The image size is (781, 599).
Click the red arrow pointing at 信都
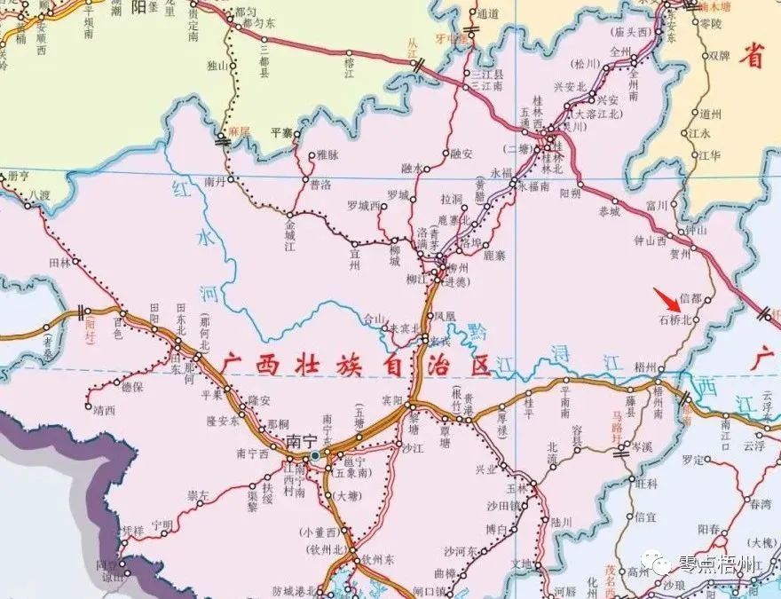point(665,297)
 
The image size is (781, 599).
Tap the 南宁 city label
point(301,441)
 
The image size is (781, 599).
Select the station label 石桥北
point(674,320)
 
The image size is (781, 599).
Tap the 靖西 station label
point(104,410)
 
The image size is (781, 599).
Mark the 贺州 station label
point(680,252)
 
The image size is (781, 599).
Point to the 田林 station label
point(59,263)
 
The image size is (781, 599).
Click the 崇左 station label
point(197,494)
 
